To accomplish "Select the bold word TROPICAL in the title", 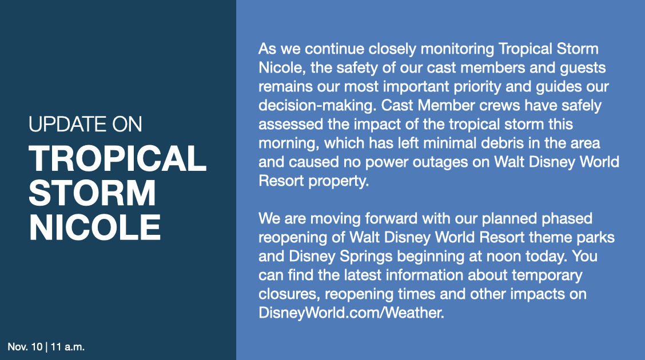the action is coord(118,159).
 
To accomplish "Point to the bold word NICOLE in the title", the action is coord(94,227).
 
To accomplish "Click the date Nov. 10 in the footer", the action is coord(25,347).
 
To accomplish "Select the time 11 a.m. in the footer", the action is coord(67,347).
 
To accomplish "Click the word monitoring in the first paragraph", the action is coord(457,49).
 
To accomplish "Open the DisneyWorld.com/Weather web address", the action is coord(351,313).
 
